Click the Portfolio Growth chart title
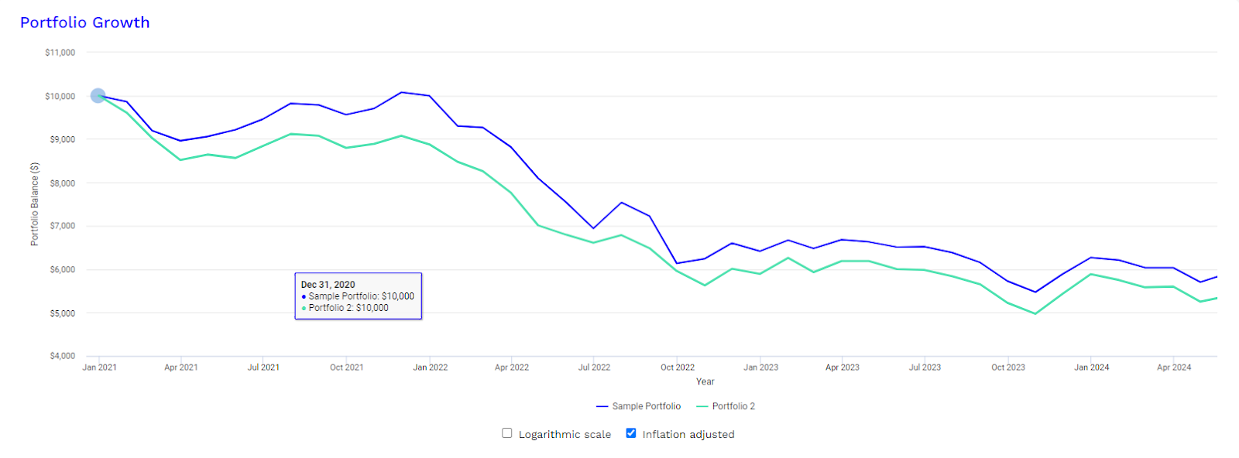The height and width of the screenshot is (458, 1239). tap(84, 22)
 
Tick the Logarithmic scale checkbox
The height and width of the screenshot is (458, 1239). tap(507, 433)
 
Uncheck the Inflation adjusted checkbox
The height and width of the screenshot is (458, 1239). tap(631, 433)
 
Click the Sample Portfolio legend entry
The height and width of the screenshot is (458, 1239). tap(639, 406)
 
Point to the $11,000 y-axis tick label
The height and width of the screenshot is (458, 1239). tap(60, 53)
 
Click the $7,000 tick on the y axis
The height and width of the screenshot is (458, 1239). tap(63, 226)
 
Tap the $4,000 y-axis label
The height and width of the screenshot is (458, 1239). tap(63, 356)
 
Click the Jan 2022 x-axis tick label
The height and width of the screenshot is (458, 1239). tap(431, 367)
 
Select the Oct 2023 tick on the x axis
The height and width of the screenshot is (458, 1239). tap(1008, 367)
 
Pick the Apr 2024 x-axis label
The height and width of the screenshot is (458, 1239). tap(1174, 367)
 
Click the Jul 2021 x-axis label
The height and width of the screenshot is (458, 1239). tap(263, 367)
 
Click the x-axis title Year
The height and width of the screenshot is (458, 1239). tap(705, 381)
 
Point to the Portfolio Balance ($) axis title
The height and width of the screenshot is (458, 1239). tap(34, 204)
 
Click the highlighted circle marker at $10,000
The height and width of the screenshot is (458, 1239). tap(98, 96)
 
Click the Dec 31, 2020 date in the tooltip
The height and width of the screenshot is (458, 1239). tap(328, 285)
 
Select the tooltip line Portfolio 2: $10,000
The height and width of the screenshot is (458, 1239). tap(348, 308)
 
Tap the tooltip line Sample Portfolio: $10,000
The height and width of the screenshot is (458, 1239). tap(361, 296)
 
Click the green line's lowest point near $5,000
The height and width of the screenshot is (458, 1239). tap(1035, 313)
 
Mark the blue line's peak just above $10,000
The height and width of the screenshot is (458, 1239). tap(401, 92)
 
